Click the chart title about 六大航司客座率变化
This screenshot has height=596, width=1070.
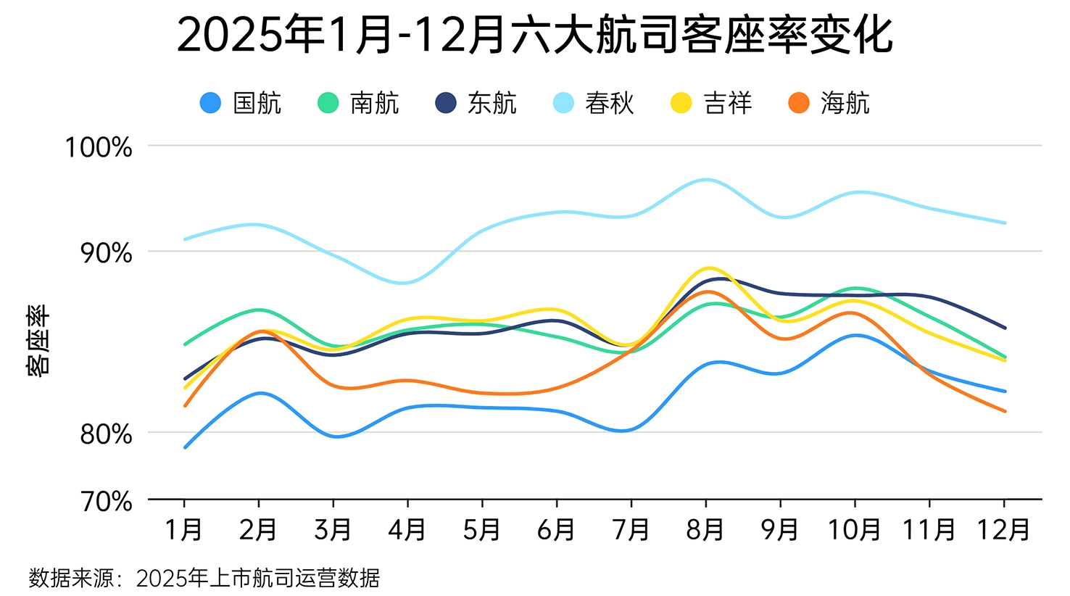(x=534, y=35)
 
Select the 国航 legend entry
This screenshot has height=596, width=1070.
(x=241, y=103)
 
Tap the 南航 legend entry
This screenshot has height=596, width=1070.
(x=359, y=103)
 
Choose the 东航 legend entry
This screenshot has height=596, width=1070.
(x=476, y=103)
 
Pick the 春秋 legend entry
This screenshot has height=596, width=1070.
(x=594, y=103)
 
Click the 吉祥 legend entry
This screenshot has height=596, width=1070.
(x=712, y=103)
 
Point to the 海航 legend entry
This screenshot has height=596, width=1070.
(x=829, y=103)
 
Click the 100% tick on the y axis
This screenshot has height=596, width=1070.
(x=99, y=147)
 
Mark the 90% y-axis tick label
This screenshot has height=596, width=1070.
(x=106, y=253)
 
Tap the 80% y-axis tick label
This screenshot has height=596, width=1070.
(x=106, y=434)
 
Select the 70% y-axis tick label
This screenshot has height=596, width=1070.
(x=106, y=501)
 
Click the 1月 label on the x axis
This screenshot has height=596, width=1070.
(x=184, y=530)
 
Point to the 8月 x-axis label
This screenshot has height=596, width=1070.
(x=705, y=530)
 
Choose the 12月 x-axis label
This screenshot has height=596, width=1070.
(x=1003, y=530)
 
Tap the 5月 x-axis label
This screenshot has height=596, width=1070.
(x=482, y=530)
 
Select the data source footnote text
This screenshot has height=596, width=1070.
(x=204, y=578)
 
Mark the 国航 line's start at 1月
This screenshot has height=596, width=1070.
(x=185, y=447)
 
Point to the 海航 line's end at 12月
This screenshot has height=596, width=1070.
(x=1005, y=411)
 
